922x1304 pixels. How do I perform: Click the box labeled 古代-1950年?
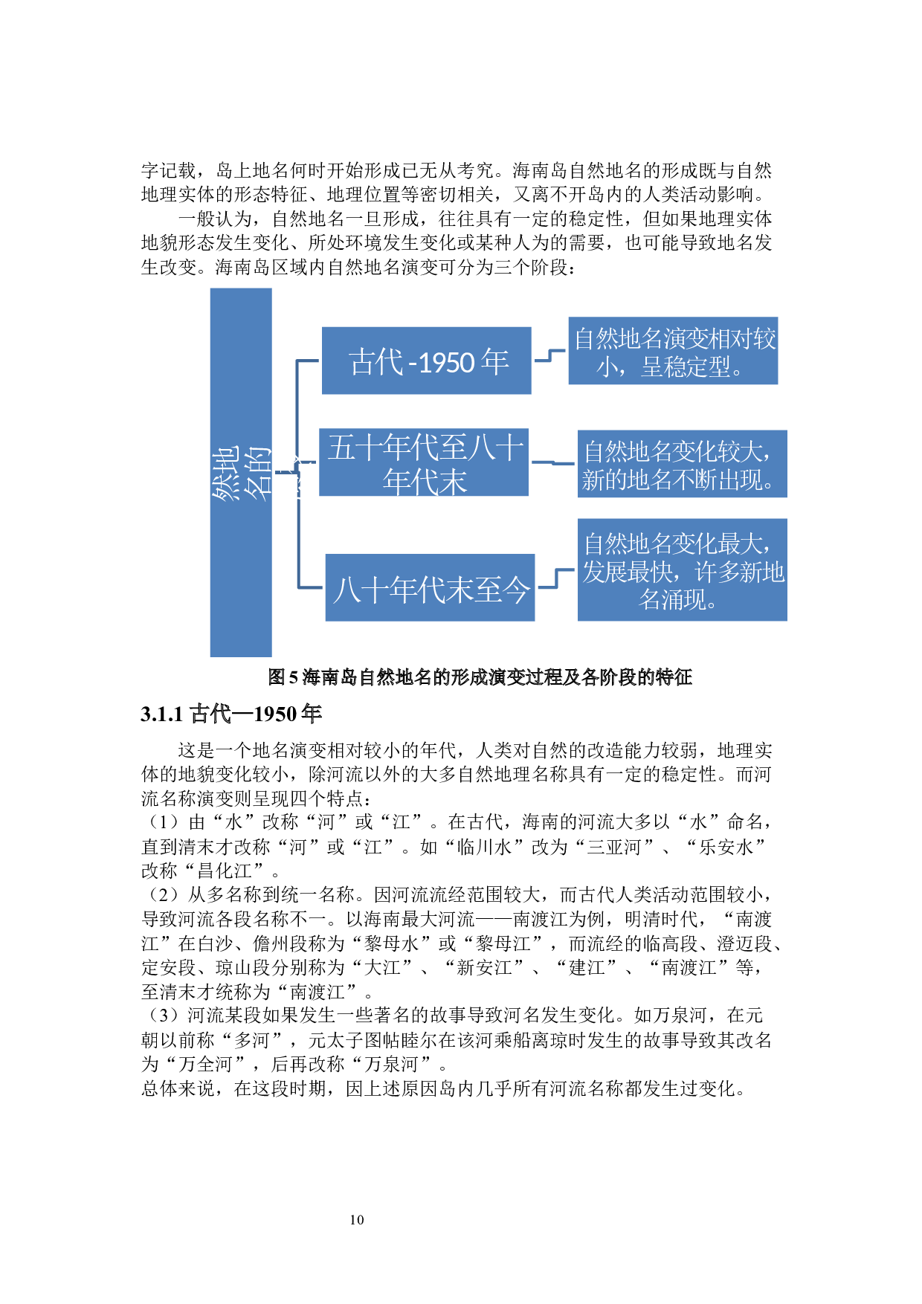click(x=426, y=361)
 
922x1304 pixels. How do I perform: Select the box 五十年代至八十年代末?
click(x=424, y=462)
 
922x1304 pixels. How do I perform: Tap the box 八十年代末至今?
click(x=430, y=587)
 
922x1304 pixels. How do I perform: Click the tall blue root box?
click(x=241, y=565)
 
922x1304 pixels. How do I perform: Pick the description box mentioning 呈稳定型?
click(x=673, y=351)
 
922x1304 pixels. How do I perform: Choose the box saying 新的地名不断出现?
click(x=682, y=465)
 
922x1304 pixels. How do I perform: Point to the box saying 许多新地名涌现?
click(x=682, y=570)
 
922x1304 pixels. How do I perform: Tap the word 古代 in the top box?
click(x=375, y=362)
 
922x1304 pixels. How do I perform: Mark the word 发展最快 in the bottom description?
click(x=628, y=572)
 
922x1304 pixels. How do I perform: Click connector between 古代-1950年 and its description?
click(x=549, y=355)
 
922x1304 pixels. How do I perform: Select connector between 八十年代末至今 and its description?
click(x=556, y=578)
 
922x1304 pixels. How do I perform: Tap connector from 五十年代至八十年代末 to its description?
click(x=553, y=462)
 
